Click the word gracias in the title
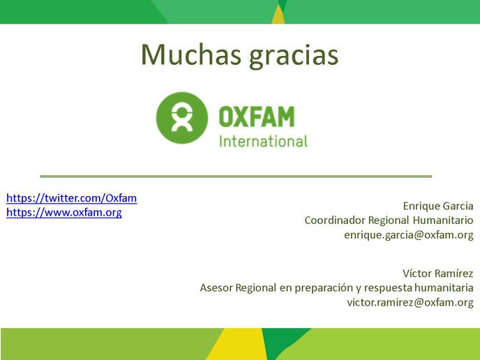pos(294,56)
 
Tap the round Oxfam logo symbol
pos(182,118)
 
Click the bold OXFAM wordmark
pos(257,117)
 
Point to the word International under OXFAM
pos(263,141)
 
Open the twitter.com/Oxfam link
pos(72,198)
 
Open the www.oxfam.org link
pos(64,213)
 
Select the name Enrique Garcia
pos(438,206)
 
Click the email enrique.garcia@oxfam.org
pos(409,235)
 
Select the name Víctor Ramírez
pos(437,273)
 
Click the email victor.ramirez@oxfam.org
pos(410,302)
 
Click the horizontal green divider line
pos(236,177)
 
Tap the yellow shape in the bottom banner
pos(236,344)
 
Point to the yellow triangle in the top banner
pos(278,15)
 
